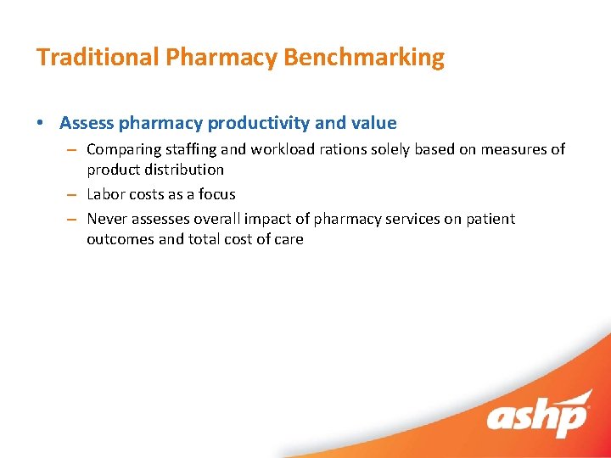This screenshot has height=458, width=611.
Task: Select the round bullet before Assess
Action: (42, 124)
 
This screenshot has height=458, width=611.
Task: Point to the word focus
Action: (216, 194)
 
